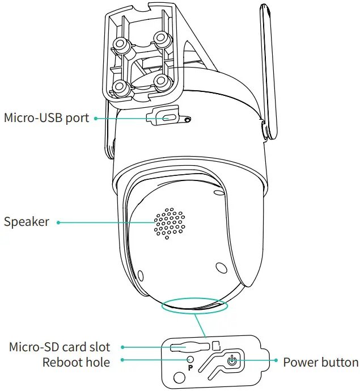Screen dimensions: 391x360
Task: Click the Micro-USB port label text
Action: click(x=46, y=118)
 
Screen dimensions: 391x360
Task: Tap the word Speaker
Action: click(x=27, y=222)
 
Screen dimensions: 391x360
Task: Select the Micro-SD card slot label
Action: click(x=60, y=346)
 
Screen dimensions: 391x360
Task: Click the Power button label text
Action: click(x=320, y=362)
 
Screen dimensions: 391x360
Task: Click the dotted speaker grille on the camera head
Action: click(x=168, y=222)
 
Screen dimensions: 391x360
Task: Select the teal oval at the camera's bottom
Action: click(x=193, y=306)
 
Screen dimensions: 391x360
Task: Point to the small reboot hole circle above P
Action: click(x=190, y=359)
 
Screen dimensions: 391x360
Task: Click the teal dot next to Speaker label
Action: click(x=58, y=222)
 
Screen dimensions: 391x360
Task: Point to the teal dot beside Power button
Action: click(x=276, y=361)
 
